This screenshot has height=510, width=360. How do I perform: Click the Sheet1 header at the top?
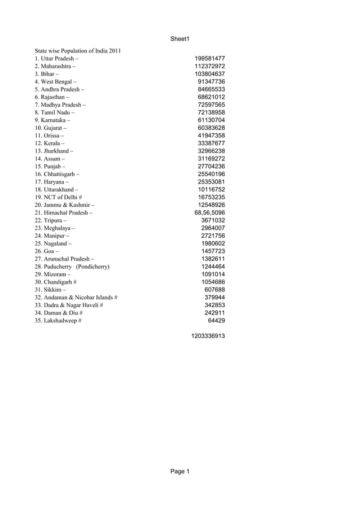click(179, 39)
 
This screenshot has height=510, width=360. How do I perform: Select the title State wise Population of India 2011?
click(78, 51)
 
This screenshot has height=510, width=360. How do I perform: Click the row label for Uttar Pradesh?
click(57, 59)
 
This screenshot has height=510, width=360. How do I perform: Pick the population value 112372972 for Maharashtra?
click(210, 66)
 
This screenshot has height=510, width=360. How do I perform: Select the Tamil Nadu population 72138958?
click(212, 112)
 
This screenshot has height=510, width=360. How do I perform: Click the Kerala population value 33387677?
click(212, 143)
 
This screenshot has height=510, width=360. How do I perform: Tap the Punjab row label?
click(50, 167)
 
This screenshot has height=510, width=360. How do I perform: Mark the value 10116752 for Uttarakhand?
click(212, 189)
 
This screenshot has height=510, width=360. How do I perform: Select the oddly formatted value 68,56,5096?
click(209, 212)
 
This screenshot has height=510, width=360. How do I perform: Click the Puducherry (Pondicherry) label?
click(72, 266)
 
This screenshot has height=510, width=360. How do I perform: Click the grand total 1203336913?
click(208, 335)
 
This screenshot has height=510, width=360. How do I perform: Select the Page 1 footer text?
click(180, 472)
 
